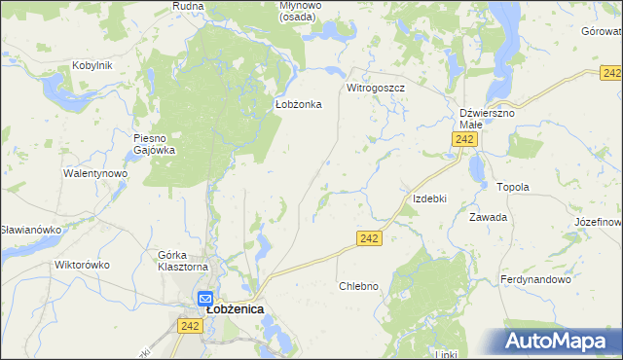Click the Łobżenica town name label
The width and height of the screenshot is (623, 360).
(x=236, y=309)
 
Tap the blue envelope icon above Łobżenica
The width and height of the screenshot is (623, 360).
(x=205, y=299)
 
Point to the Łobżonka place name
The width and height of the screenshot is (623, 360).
(x=292, y=104)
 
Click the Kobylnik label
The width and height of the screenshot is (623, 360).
(x=92, y=65)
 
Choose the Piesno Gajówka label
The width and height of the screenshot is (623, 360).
(x=154, y=144)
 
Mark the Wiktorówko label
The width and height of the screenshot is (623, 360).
(x=82, y=265)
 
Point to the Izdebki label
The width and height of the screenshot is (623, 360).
(x=429, y=198)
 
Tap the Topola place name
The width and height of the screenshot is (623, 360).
(x=512, y=187)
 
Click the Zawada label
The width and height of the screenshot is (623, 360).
(x=489, y=217)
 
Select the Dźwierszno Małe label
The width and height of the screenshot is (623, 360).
(x=487, y=119)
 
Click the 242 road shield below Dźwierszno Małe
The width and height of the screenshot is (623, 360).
(x=464, y=141)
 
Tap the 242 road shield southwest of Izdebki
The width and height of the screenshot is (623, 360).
(x=368, y=238)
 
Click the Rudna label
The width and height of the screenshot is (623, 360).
(x=187, y=6)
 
